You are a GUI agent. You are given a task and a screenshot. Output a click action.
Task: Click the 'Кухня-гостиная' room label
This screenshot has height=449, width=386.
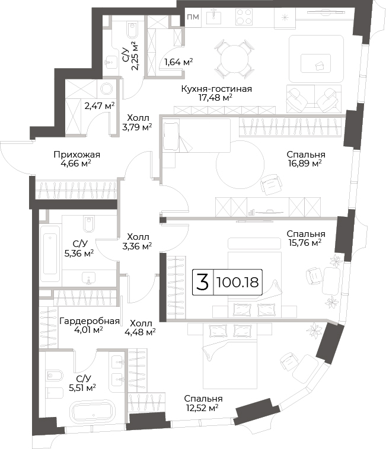click(x=216, y=89)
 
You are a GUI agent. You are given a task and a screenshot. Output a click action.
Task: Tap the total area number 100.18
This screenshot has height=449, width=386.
click(x=238, y=283)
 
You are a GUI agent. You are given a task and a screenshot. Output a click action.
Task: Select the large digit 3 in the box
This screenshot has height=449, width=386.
click(x=203, y=282)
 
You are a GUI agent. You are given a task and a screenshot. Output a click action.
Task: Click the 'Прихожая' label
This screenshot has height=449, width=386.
click(x=77, y=155)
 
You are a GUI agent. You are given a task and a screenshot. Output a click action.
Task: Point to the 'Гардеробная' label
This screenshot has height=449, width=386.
click(x=90, y=321)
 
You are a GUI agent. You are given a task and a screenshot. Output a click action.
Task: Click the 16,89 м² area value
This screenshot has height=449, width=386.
click(x=305, y=163)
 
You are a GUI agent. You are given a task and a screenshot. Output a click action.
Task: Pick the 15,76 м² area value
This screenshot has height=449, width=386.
click(x=305, y=243)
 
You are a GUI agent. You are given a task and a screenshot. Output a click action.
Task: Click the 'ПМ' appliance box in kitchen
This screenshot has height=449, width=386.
click(x=193, y=17)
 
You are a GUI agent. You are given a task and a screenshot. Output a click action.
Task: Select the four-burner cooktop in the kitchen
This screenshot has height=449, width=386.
click(x=244, y=17)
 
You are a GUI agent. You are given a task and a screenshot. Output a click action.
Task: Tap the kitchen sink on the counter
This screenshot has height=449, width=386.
click(x=214, y=17)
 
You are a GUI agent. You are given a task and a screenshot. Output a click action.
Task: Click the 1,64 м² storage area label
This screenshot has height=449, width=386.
click(x=178, y=62)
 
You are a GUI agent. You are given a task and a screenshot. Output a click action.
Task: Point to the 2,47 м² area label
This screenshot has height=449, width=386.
click(x=100, y=105)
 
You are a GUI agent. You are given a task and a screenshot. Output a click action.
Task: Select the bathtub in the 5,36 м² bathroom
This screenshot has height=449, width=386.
click(x=50, y=254)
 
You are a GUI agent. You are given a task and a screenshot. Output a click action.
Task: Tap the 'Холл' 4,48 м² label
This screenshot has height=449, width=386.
click(x=141, y=328)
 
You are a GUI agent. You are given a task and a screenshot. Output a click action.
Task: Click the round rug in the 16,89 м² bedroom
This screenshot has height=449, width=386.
click(x=240, y=164)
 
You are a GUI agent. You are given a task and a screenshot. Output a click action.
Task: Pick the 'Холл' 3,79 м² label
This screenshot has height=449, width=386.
click(x=137, y=123)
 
